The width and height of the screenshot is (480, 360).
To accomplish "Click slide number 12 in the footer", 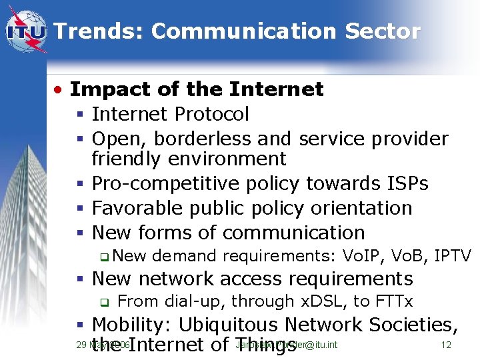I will click(x=447, y=345).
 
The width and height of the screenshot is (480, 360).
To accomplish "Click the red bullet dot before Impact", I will click(x=59, y=89).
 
